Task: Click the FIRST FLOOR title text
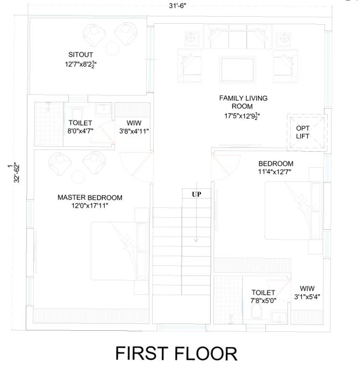click(x=176, y=353)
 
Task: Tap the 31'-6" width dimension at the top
click(x=177, y=6)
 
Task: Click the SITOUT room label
click(x=81, y=55)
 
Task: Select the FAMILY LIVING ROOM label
click(x=243, y=102)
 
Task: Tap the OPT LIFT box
click(x=307, y=132)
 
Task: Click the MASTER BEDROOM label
click(x=90, y=197)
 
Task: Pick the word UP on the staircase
click(x=197, y=194)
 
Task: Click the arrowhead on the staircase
click(x=196, y=240)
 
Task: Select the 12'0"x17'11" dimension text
click(x=90, y=206)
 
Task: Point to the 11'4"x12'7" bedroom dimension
click(x=275, y=172)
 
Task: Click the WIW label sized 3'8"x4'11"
click(x=134, y=123)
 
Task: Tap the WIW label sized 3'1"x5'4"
click(x=307, y=288)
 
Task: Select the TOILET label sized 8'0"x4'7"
click(x=81, y=123)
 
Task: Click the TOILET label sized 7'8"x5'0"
click(x=263, y=293)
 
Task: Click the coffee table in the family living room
click(x=237, y=69)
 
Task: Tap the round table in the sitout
click(x=112, y=48)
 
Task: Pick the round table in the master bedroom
click(x=78, y=177)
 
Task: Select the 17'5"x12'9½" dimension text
click(x=242, y=116)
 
